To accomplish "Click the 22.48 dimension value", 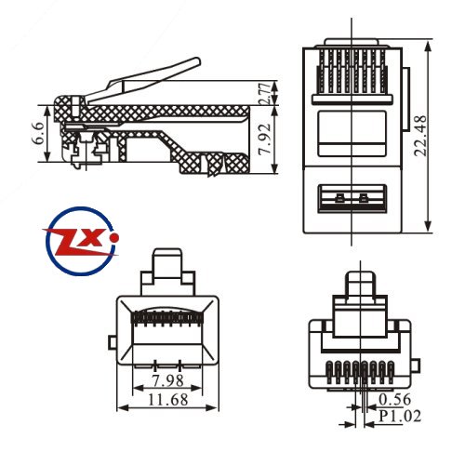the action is [x=421, y=136].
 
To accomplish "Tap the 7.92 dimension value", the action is [x=265, y=139].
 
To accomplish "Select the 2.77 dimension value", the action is [x=265, y=93].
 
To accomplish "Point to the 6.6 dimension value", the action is [x=39, y=133].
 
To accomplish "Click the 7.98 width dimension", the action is [x=168, y=380].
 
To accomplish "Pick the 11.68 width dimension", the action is [x=168, y=399].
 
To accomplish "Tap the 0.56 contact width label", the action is [x=394, y=399].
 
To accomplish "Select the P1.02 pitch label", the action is [x=400, y=416].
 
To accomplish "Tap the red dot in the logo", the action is [x=114, y=238].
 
